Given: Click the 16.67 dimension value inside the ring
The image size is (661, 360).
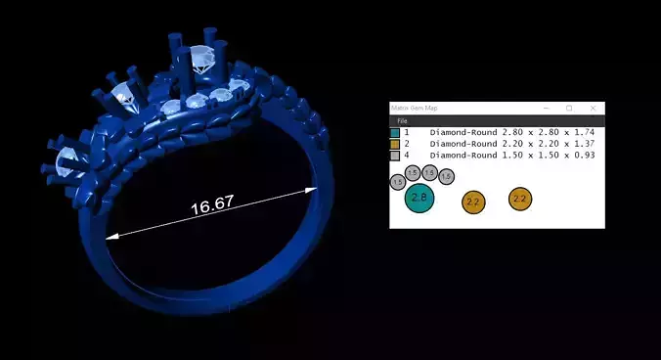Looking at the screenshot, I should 212,207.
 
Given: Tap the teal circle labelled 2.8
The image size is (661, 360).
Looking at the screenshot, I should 419,198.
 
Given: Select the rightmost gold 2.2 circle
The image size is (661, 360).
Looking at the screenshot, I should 520,199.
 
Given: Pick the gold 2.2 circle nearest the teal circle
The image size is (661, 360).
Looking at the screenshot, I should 473,202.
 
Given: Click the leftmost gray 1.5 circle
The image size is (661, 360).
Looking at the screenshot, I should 398,182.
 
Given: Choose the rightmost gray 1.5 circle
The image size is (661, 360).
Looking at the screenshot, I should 446,177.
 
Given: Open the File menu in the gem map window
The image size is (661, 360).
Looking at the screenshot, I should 402,120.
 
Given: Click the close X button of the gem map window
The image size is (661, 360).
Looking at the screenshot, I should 593,108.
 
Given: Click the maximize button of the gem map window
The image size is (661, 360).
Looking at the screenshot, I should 569,108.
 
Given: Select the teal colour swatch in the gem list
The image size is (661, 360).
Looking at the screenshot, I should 394,132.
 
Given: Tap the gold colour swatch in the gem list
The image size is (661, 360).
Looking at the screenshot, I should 394,144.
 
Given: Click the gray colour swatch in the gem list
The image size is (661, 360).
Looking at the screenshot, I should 394,156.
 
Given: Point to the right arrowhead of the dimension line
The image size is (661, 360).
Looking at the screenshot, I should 312,189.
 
